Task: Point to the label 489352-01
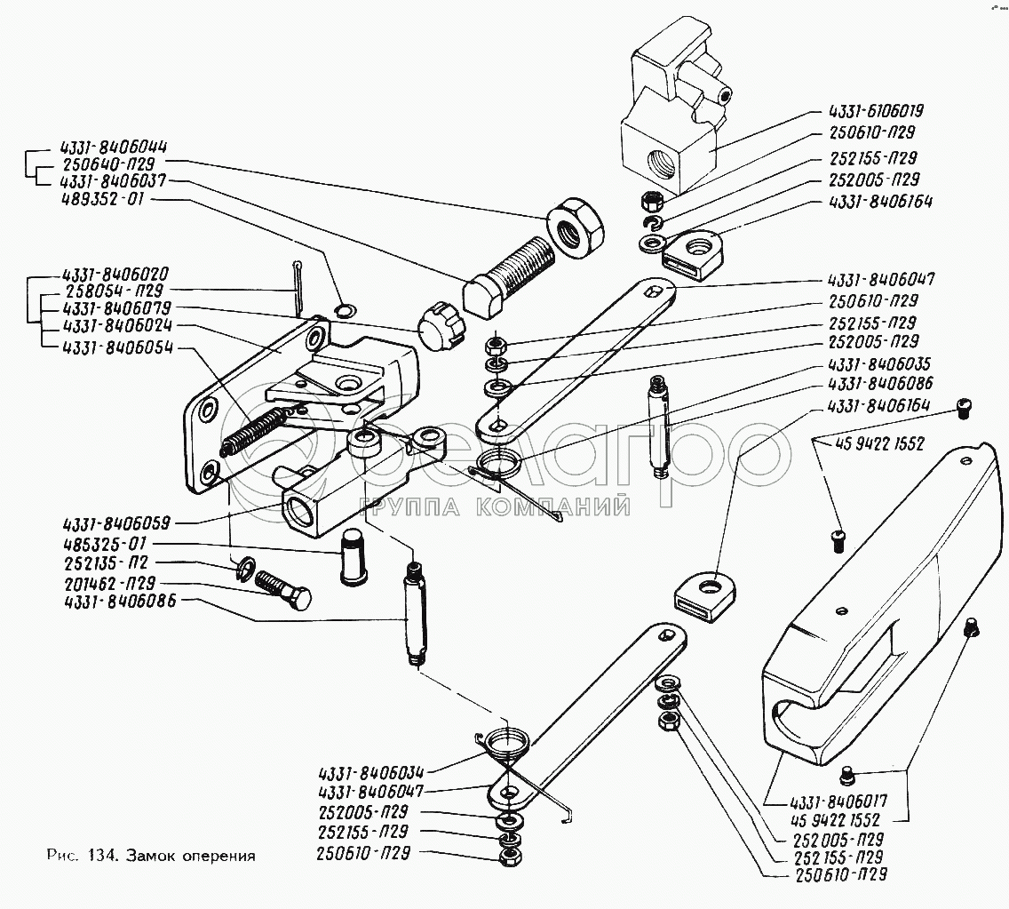(x=102, y=199)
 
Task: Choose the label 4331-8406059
(x=115, y=523)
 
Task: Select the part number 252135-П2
(x=107, y=563)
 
